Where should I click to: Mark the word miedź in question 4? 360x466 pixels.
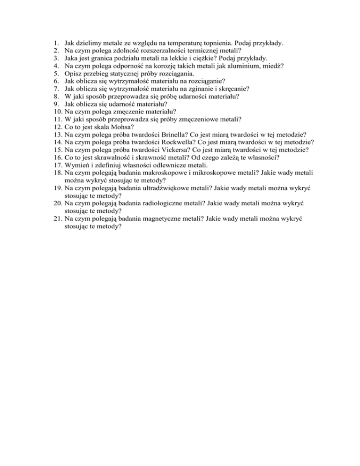pos(274,67)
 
